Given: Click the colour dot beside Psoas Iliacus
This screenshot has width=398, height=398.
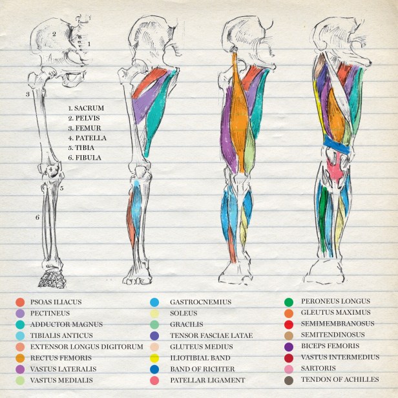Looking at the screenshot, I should click(x=20, y=302).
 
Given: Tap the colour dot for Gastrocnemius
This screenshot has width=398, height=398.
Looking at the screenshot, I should click(x=155, y=302).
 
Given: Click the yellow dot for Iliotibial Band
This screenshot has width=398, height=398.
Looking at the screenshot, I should click(x=155, y=358).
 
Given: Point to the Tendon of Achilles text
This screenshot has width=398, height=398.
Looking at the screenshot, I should click(x=340, y=380).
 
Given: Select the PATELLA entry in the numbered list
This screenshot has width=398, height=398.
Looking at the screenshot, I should click(x=90, y=138).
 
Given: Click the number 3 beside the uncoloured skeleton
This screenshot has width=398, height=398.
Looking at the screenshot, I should click(x=27, y=95).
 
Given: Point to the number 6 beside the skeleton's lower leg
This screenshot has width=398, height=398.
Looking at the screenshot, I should click(x=37, y=217).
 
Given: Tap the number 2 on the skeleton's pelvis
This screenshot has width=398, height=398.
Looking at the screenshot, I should click(x=55, y=34).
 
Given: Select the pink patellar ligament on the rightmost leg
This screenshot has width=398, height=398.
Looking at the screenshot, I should click(x=334, y=169).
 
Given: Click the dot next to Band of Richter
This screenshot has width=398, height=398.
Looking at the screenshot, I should click(x=155, y=369).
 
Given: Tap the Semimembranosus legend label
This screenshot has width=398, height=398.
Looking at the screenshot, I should click(x=337, y=324).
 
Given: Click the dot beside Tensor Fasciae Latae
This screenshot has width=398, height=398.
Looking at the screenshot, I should click(x=155, y=335).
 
